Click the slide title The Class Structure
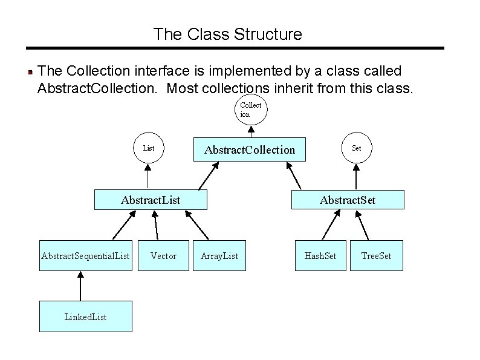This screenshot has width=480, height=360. point(227,34)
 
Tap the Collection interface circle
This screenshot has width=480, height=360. point(250,110)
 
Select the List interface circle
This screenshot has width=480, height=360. point(148,148)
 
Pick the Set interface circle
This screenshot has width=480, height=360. point(356,148)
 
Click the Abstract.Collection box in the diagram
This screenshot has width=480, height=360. point(250,149)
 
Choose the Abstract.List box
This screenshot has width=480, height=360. point(151,200)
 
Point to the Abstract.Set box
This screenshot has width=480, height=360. point(347,200)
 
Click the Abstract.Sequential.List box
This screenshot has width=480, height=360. point(85,256)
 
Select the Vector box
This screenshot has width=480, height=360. point(163,256)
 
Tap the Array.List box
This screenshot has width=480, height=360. point(219,256)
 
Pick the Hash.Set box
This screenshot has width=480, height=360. point(320,256)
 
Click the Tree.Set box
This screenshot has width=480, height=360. point(376,256)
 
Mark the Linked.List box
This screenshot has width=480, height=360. point(85,316)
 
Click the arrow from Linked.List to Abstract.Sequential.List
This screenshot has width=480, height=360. point(79,286)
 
